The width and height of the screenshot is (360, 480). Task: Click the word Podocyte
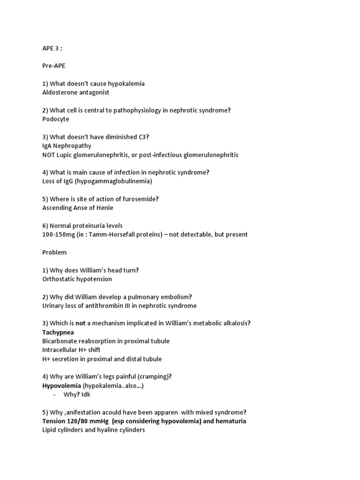pos(55,119)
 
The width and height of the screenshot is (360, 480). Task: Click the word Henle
pos(104,208)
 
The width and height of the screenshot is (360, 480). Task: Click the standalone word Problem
pos(54,252)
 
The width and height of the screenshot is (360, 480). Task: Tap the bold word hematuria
pos(229,421)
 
